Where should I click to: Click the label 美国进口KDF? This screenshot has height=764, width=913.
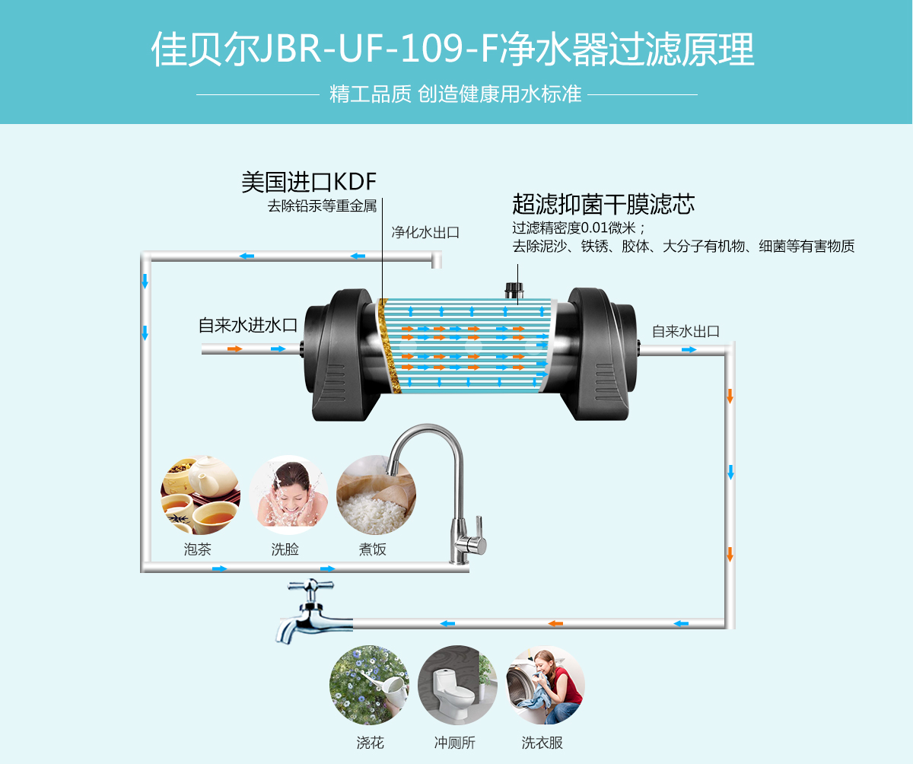click(308, 182)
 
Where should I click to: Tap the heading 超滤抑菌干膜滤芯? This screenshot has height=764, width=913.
click(603, 204)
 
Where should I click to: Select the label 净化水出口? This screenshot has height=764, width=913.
click(425, 233)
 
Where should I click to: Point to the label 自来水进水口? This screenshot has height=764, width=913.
click(248, 325)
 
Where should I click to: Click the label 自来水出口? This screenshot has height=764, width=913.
click(686, 331)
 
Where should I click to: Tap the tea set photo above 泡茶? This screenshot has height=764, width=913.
click(199, 495)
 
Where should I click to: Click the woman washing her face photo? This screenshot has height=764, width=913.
click(288, 495)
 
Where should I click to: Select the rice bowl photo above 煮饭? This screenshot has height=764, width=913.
click(375, 495)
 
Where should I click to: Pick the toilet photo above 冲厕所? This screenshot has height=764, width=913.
click(456, 685)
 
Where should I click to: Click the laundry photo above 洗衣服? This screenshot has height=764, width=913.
click(545, 685)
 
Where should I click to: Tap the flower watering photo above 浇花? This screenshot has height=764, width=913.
click(368, 685)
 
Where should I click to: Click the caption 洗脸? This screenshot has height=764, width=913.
click(285, 549)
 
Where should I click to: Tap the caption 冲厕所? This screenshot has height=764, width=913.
click(455, 743)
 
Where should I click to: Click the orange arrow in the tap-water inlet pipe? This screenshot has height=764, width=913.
click(234, 349)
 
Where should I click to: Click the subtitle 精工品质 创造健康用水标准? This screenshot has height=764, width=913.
click(455, 94)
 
